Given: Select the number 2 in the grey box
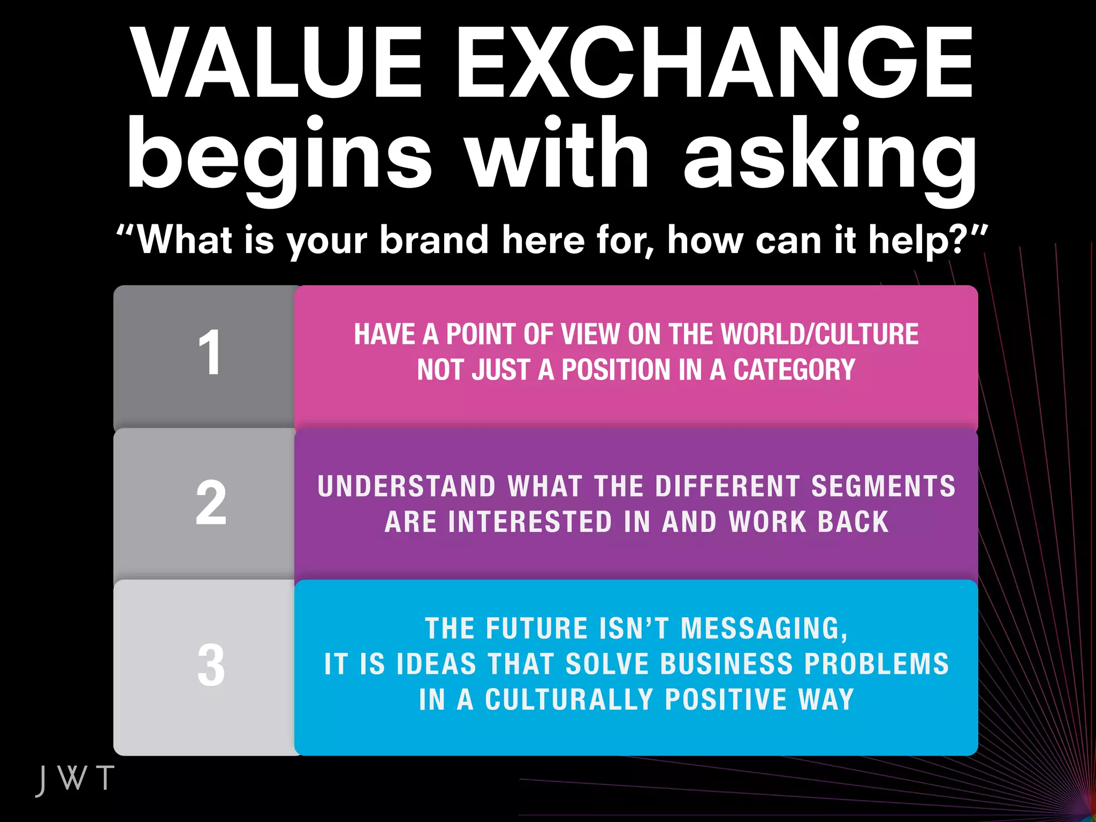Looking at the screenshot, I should [x=211, y=503].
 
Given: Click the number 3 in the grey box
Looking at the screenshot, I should [x=211, y=665].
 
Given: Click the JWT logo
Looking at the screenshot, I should [x=75, y=779].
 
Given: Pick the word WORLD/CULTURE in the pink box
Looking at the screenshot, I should [x=819, y=334].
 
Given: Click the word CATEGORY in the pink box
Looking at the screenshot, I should [x=794, y=370].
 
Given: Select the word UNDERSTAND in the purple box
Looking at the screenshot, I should [x=407, y=486].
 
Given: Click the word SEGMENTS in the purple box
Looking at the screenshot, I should [x=883, y=486].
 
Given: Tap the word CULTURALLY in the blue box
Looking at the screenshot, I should [x=569, y=700].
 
